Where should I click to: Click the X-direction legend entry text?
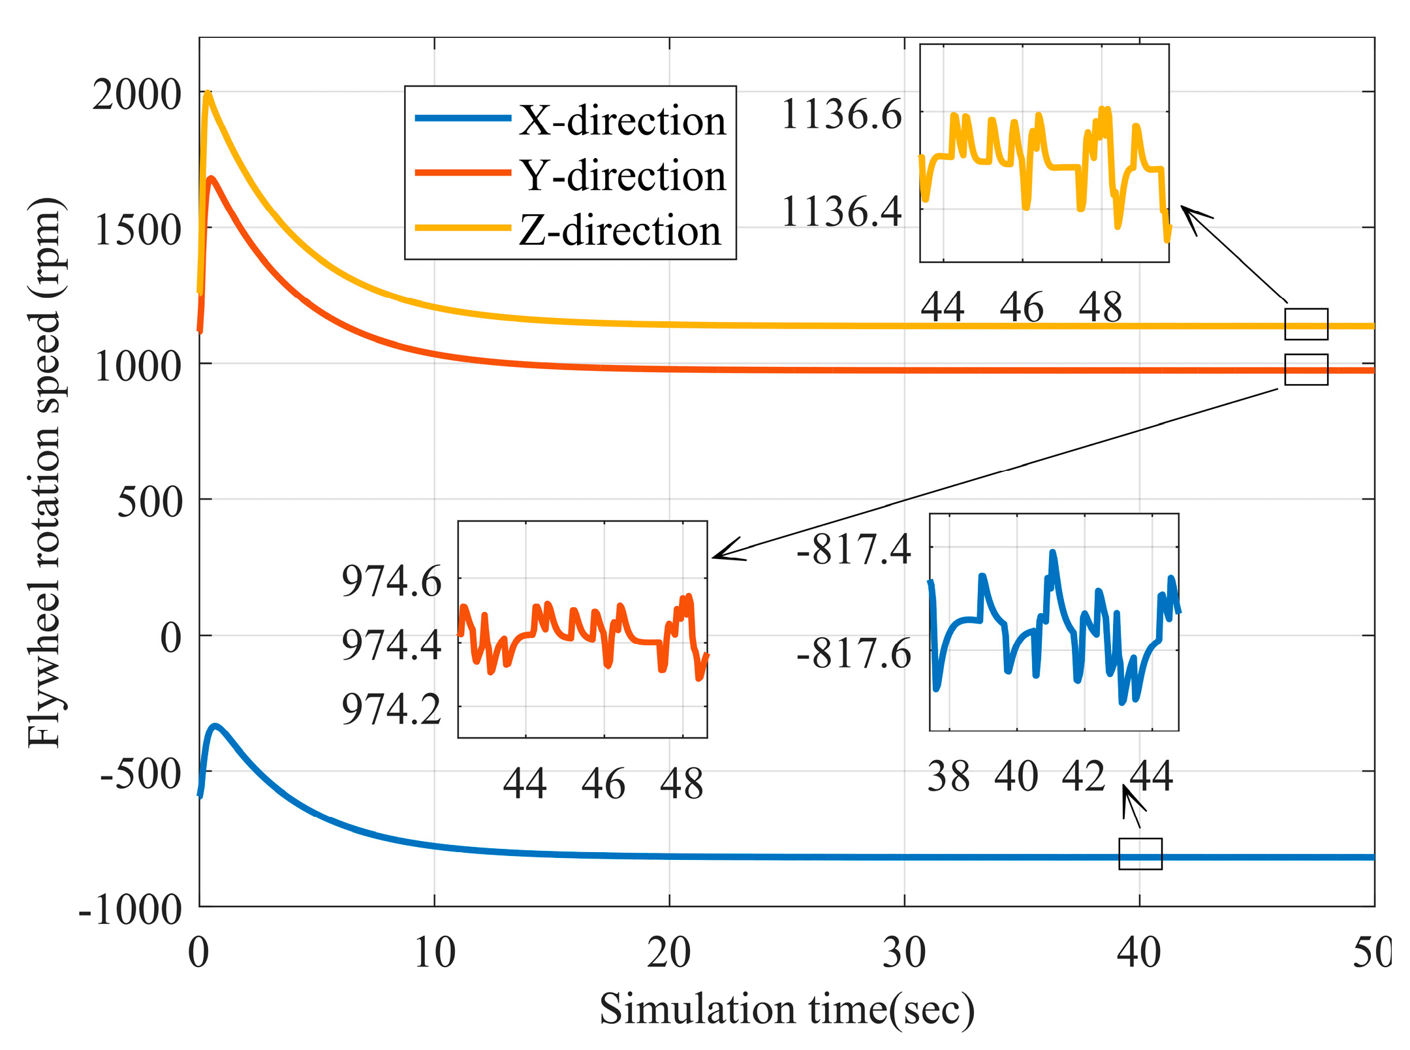coord(622,121)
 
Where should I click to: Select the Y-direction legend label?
coord(622,176)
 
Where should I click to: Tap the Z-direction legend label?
coord(619,231)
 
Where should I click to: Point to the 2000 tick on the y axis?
coord(136,95)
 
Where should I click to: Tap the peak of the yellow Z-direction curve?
coord(208,93)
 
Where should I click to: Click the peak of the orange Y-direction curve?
coord(211,178)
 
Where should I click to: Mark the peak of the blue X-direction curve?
coord(215,726)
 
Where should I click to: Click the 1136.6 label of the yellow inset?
coord(841,114)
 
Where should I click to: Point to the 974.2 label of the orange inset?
coord(391,709)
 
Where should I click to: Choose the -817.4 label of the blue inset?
coord(853,549)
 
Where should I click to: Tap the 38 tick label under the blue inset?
coord(948,776)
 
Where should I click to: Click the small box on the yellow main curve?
coord(1306,324)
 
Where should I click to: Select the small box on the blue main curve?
coord(1140,853)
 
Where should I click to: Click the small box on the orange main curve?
coord(1306,370)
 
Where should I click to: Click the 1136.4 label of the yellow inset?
coord(841,212)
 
